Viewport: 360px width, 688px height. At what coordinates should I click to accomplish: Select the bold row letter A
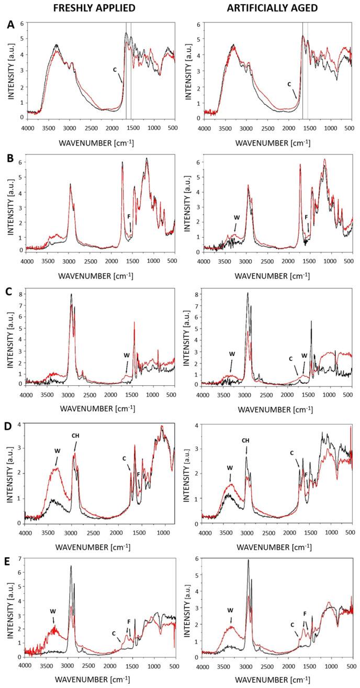pos(6,24)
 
